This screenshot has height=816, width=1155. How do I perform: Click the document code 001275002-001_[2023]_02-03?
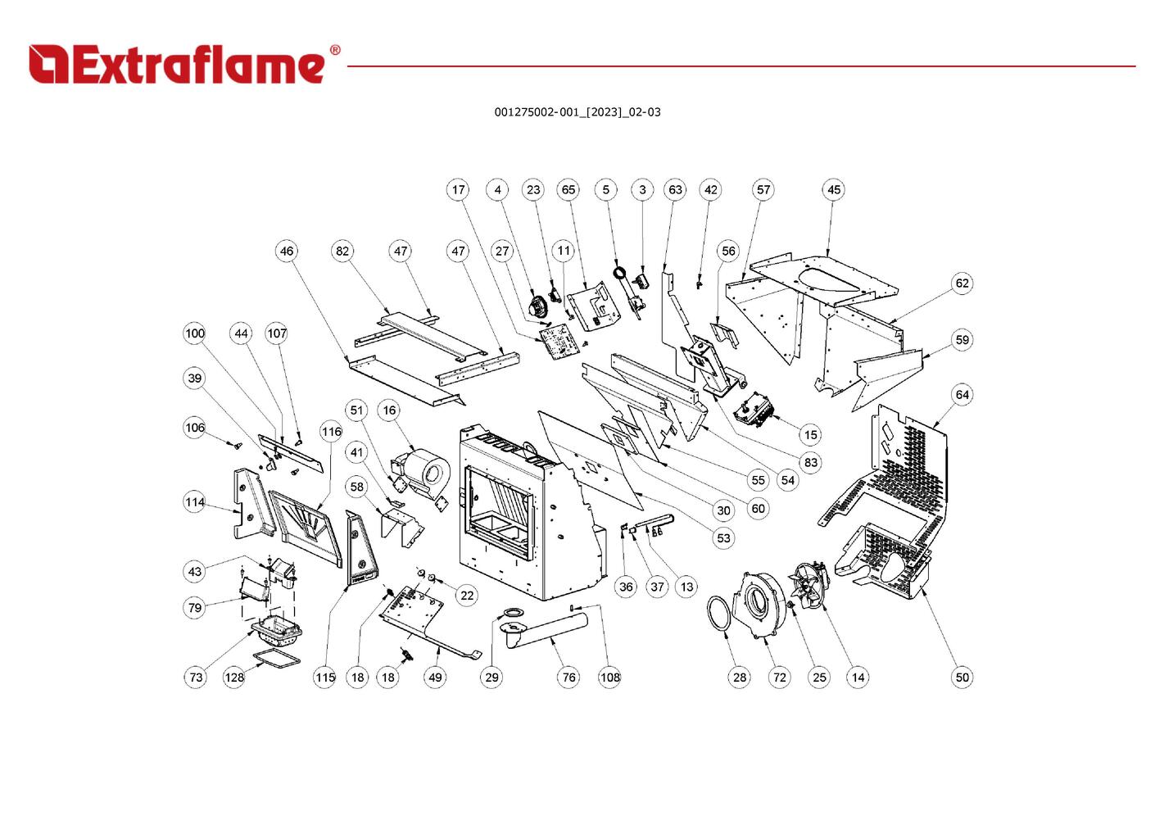pos(577,112)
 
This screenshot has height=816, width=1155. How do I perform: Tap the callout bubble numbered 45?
pos(833,190)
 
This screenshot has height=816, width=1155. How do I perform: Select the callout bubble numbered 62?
pos(962,283)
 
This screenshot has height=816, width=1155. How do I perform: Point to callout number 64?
pos(962,395)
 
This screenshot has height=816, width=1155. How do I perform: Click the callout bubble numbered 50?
pos(962,677)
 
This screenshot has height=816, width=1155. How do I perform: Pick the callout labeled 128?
pos(234,677)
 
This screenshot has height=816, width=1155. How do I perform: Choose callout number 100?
pos(194,333)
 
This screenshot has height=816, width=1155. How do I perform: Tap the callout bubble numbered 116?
pos(331,432)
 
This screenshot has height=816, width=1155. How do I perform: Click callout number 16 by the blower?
pos(389,410)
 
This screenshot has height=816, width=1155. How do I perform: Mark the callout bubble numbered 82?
pos(342,252)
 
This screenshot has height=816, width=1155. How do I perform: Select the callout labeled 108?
pos(609,677)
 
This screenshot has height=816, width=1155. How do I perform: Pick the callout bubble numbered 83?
pos(810,462)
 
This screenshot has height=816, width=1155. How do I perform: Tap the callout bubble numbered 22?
pos(466,596)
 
